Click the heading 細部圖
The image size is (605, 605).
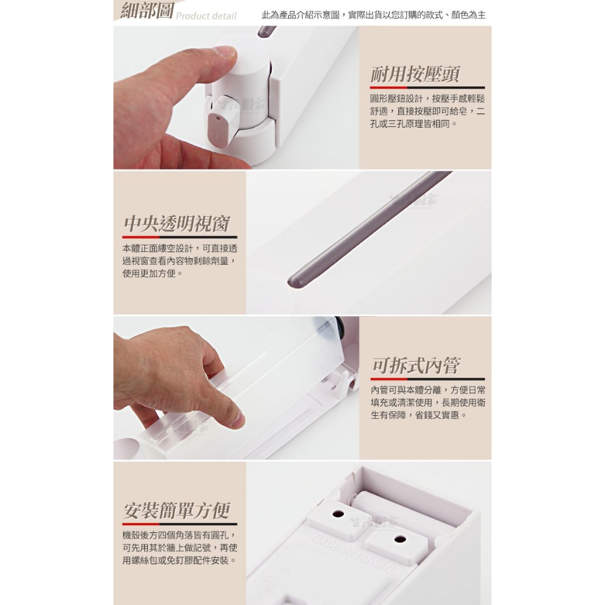(x=147, y=11)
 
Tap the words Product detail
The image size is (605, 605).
(x=206, y=16)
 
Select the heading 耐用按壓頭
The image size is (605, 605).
(x=415, y=74)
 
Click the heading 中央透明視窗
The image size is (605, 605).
(x=177, y=223)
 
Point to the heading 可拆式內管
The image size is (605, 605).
(x=417, y=365)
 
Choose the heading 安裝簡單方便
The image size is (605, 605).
(x=177, y=510)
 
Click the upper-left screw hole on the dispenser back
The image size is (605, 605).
(x=338, y=513)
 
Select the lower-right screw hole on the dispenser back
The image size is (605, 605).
(x=400, y=539)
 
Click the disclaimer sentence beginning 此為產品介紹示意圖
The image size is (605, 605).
(x=373, y=15)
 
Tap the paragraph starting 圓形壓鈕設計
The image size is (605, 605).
(x=427, y=111)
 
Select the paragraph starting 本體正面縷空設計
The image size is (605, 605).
(x=180, y=261)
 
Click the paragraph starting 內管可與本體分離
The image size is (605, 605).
(x=428, y=402)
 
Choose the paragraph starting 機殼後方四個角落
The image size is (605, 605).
(x=180, y=548)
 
